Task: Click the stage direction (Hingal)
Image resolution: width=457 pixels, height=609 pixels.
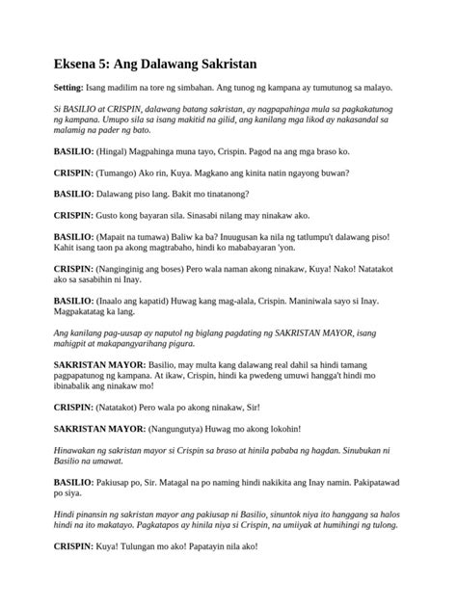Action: click(117, 151)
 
